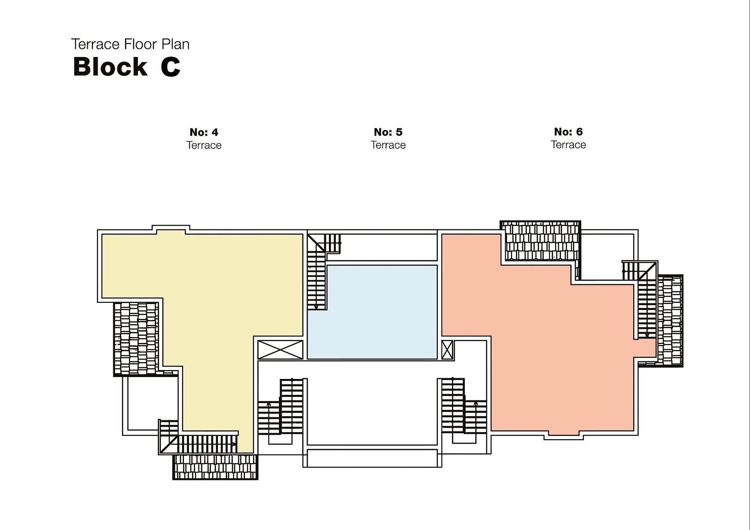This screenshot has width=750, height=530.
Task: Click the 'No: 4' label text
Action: click(x=204, y=132)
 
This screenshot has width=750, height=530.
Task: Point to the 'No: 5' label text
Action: click(x=388, y=132)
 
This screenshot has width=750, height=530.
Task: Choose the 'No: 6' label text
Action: click(x=568, y=132)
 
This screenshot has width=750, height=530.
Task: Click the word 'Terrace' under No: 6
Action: click(x=568, y=145)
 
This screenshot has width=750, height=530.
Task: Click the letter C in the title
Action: click(x=170, y=67)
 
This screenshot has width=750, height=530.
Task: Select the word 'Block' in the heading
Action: click(x=110, y=67)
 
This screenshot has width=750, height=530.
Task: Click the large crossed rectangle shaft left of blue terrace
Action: click(x=280, y=350)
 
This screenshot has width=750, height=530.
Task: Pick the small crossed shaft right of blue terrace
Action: click(x=447, y=350)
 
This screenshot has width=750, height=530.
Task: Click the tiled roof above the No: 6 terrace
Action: click(x=540, y=241)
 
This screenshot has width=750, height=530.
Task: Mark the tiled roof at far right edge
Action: click(x=670, y=321)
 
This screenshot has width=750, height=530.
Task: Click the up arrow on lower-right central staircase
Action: click(x=476, y=404)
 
